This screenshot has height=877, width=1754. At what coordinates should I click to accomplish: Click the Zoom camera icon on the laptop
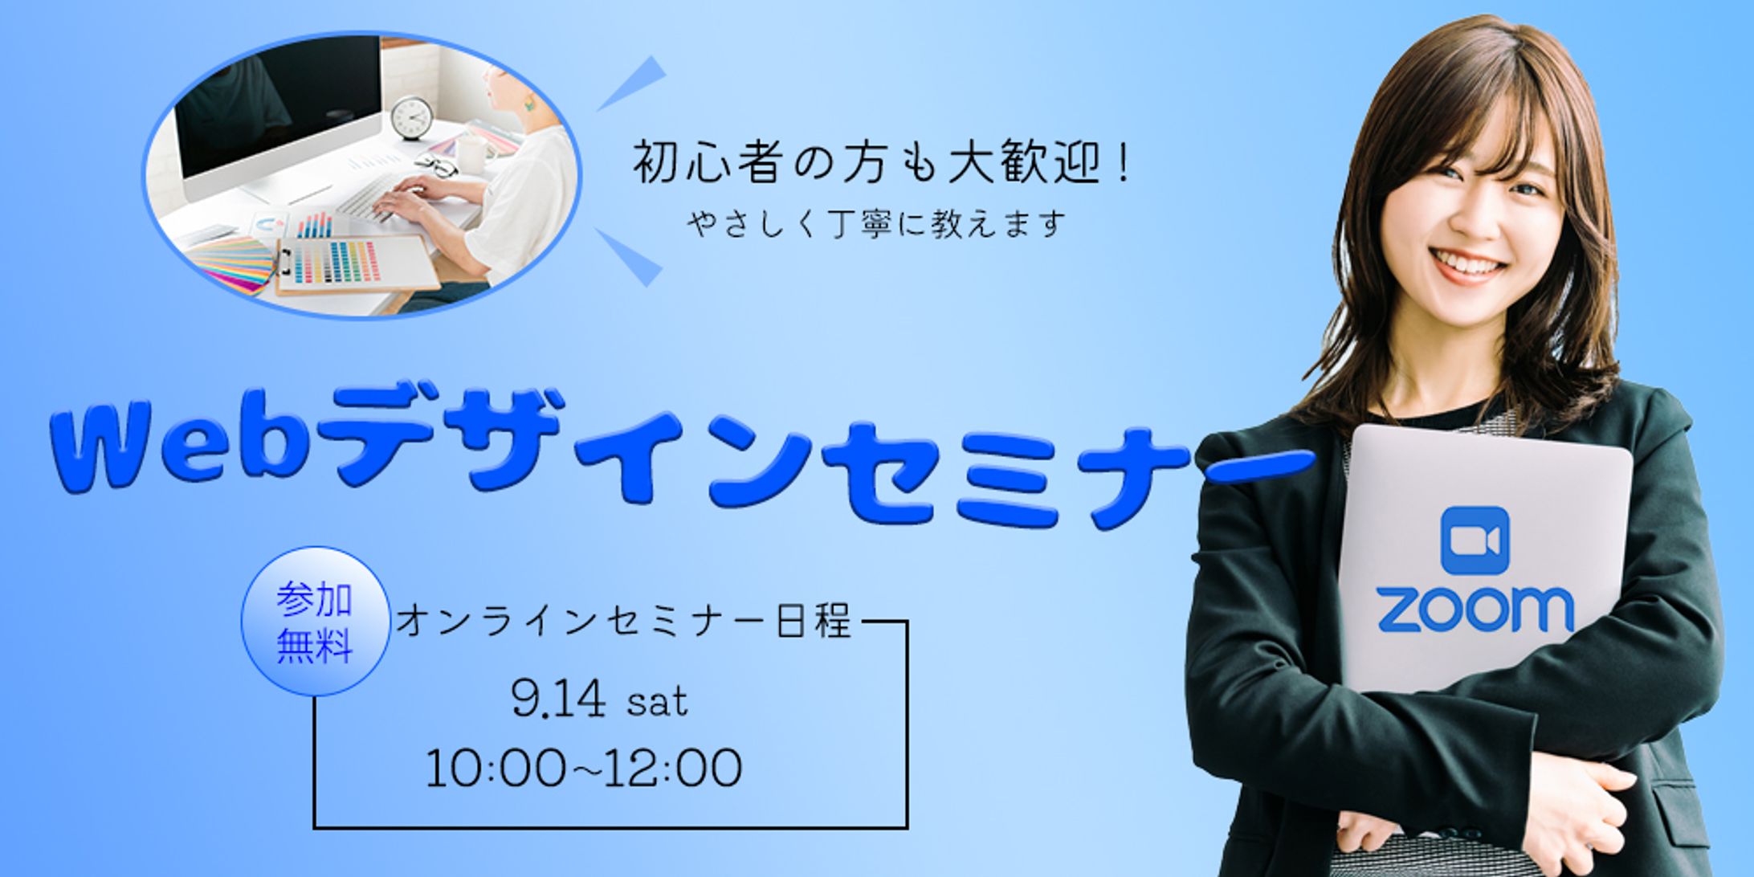point(1475,540)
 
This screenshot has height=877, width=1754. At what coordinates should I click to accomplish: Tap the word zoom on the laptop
point(1475,610)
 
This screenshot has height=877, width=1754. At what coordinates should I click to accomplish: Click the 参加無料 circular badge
point(316,621)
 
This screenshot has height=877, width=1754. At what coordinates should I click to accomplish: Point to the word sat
point(657,703)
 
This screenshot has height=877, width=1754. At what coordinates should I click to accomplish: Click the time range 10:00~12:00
point(584,769)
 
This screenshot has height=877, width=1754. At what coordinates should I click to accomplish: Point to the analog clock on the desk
point(412,118)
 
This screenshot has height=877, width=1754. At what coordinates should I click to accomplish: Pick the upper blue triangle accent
point(633,83)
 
